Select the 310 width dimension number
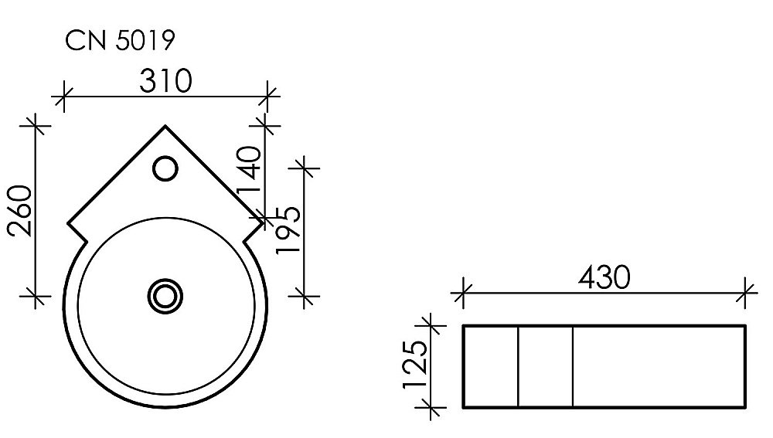coord(165,80)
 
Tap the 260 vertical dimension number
coord(19,211)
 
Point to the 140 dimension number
coord(249,172)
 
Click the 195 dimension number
coord(288,230)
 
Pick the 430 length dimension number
coord(604,277)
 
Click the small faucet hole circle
coord(165,168)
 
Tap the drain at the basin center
coord(165,295)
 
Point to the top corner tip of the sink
coord(165,124)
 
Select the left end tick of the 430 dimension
coord(462,292)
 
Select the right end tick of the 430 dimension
coord(746,292)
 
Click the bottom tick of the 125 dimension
coord(431,406)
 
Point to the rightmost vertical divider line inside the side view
coord(573,366)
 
